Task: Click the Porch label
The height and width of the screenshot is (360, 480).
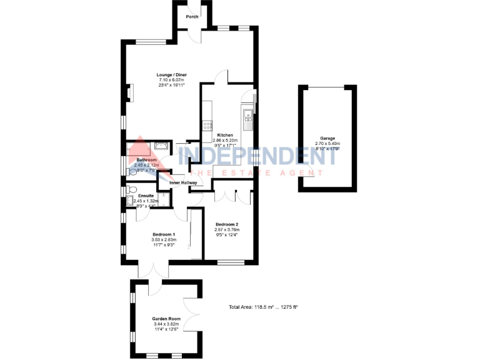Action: pyautogui.click(x=192, y=16)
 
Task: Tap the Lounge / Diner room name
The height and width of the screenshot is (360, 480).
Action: pyautogui.click(x=172, y=75)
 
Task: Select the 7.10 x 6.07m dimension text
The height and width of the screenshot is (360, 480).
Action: pyautogui.click(x=172, y=80)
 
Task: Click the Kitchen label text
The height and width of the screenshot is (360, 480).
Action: pyautogui.click(x=225, y=136)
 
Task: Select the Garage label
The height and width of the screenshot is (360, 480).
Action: pyautogui.click(x=328, y=138)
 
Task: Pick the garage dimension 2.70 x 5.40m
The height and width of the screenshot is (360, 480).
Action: pyautogui.click(x=328, y=143)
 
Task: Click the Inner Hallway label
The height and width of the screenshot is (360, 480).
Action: pyautogui.click(x=183, y=182)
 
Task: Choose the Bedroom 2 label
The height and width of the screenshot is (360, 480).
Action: pyautogui.click(x=227, y=224)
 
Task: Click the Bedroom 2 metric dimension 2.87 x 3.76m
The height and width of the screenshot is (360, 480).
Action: pyautogui.click(x=227, y=229)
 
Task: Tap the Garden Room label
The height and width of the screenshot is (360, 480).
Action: pyautogui.click(x=166, y=319)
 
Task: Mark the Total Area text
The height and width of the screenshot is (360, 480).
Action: pyautogui.click(x=263, y=307)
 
